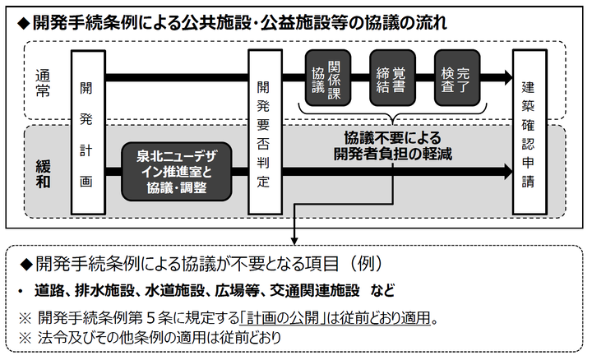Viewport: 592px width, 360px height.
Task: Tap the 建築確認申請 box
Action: [x=529, y=134]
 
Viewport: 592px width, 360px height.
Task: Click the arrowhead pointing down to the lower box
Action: [x=294, y=242]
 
